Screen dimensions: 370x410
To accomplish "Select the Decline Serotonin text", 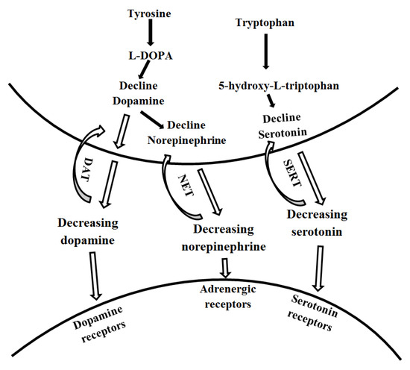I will pyautogui.click(x=289, y=124).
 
